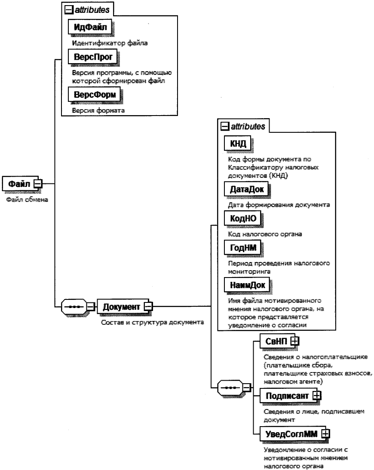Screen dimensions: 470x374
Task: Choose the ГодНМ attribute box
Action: tap(240, 248)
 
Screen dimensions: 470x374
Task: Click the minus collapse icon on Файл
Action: tap(38, 183)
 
